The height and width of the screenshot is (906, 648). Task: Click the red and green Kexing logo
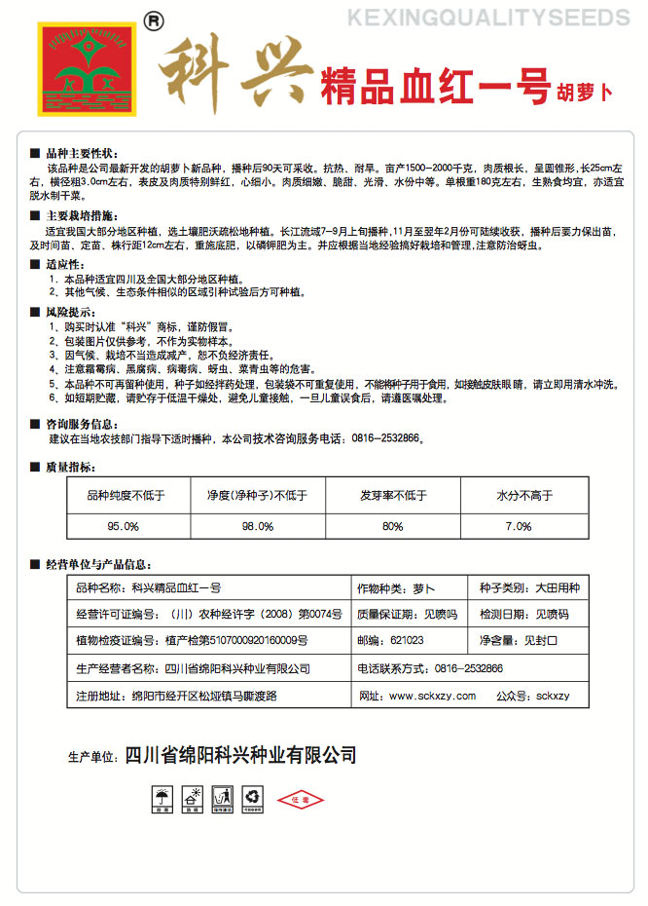pos(86,66)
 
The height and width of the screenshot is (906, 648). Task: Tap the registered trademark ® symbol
pos(153,19)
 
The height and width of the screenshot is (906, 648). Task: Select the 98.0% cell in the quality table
pos(258,526)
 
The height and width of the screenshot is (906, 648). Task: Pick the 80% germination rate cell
pos(393,526)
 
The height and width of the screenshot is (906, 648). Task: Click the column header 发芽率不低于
pos(393,496)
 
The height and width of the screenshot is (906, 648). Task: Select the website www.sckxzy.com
pos(417,696)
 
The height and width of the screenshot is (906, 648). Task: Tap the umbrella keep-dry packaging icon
pos(158,801)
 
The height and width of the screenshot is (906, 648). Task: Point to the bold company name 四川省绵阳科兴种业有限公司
pos(241,755)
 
